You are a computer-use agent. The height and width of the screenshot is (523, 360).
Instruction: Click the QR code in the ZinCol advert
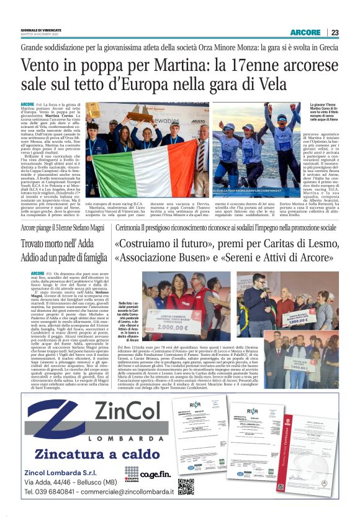(186, 486)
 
